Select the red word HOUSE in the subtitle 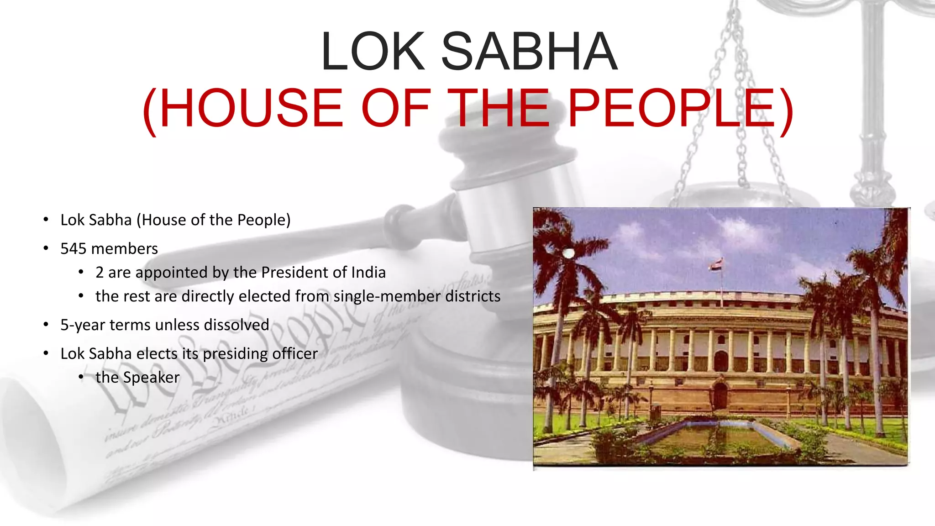coord(251,108)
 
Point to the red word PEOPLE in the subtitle coord(671,108)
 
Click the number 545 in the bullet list coord(73,249)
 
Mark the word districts coord(473,296)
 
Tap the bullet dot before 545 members coord(46,248)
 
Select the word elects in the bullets coord(157,354)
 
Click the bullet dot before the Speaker coord(81,377)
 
